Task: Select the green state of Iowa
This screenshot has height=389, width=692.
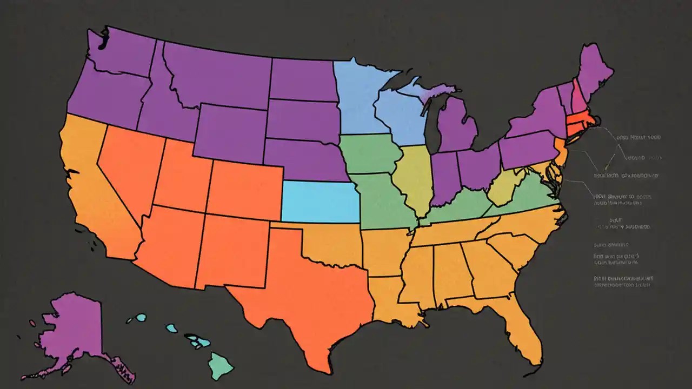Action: point(370,154)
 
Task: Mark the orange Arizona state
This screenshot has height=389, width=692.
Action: point(173,243)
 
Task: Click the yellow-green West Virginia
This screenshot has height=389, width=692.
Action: point(508,186)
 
